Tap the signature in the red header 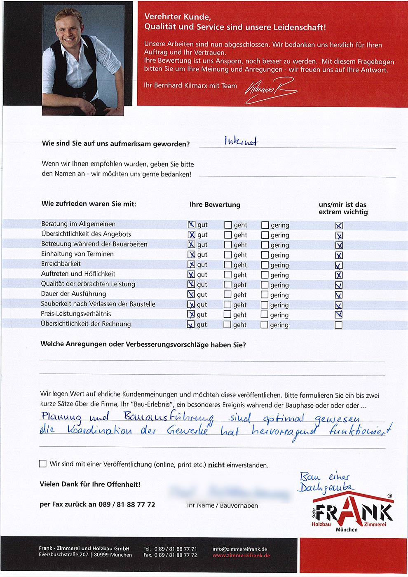(x=270, y=88)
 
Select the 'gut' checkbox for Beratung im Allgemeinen (x=191, y=225)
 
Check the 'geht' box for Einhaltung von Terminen (x=228, y=255)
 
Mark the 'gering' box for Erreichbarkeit (x=265, y=265)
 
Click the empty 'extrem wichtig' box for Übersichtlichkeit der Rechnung (x=338, y=325)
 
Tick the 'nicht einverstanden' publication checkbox (x=42, y=464)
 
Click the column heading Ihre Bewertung (x=215, y=205)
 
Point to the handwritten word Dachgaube (x=326, y=487)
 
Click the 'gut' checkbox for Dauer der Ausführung (x=191, y=294)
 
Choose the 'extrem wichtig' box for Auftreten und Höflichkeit (x=339, y=275)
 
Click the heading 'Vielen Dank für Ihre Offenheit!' (x=90, y=484)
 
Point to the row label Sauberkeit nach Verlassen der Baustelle (x=98, y=304)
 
